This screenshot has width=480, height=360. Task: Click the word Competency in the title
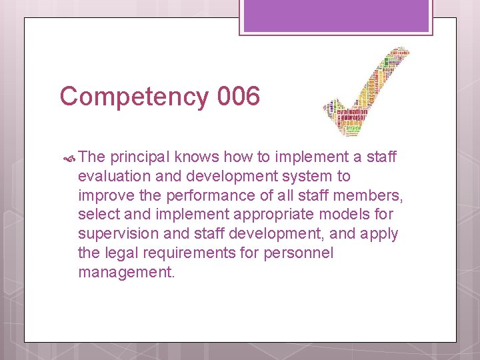click(x=134, y=97)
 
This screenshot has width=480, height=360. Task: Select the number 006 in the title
click(x=238, y=97)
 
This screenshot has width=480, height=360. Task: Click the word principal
click(x=140, y=157)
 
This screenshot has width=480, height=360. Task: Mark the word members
click(x=369, y=195)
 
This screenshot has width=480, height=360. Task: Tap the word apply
click(x=380, y=234)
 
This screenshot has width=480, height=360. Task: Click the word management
click(x=125, y=272)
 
